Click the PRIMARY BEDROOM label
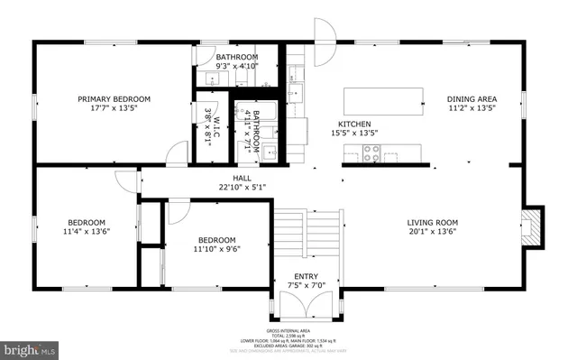114,99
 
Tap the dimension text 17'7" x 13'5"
114,109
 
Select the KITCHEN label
354,124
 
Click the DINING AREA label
472,99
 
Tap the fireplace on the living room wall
534,226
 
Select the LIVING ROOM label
433,222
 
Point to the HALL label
242,178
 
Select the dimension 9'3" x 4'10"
237,66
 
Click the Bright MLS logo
30,347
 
